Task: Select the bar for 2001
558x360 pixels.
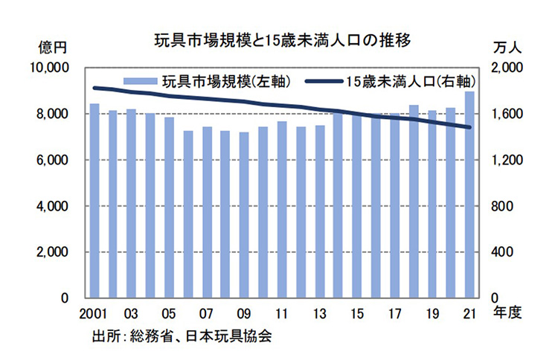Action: [94, 201]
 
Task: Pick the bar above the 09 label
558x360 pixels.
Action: [244, 215]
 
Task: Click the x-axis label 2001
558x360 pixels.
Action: [94, 313]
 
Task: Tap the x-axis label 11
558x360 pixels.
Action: [282, 313]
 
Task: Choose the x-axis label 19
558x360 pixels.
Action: [432, 313]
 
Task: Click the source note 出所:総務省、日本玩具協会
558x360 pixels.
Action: [182, 335]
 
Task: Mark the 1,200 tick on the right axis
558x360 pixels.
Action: [508, 160]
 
